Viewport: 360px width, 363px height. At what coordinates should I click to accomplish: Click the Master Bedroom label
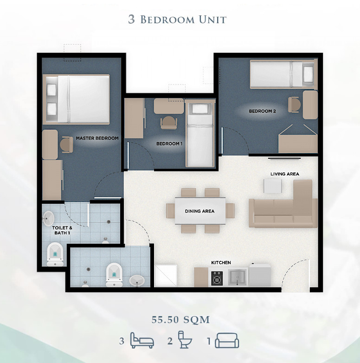tap(97, 138)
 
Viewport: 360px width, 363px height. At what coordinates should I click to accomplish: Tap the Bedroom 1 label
tap(169, 144)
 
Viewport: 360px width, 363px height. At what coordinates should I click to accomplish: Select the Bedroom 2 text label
tap(263, 111)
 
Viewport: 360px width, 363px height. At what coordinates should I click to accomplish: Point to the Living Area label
tap(285, 174)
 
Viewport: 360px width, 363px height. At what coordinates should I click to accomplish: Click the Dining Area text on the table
tap(199, 211)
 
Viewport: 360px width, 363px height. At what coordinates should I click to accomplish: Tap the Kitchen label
tap(221, 263)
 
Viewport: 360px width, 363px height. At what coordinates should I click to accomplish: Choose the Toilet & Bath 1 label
tap(62, 230)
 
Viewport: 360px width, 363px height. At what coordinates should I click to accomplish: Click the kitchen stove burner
tap(217, 278)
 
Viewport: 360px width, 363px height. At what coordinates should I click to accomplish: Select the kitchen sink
tap(238, 277)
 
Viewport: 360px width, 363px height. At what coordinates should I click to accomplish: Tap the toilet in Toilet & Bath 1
tap(55, 254)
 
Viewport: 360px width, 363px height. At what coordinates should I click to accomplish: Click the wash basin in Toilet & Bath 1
tap(48, 218)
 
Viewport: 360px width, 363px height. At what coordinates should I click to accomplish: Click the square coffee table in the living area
tap(273, 186)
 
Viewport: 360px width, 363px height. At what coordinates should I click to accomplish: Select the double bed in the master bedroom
tap(76, 99)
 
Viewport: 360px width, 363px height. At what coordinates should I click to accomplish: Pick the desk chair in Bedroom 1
tap(169, 123)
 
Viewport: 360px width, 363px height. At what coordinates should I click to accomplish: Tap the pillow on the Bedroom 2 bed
tap(308, 74)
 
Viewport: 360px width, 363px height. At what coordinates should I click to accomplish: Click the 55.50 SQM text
tap(180, 320)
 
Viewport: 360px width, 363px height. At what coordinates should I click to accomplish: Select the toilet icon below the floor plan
tap(185, 339)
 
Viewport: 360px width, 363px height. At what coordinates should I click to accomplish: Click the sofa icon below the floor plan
tap(227, 341)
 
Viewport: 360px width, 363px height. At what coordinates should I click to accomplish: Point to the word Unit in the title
tap(212, 19)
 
